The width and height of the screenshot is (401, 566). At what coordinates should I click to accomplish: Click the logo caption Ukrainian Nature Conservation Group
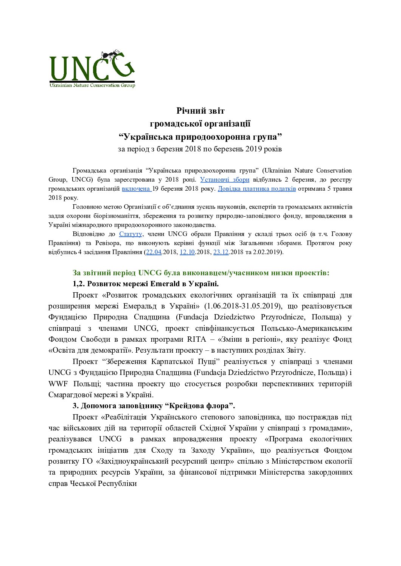tap(92, 85)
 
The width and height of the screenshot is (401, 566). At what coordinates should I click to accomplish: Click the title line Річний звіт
tap(200, 111)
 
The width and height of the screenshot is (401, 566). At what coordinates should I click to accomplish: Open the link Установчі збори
tap(225, 179)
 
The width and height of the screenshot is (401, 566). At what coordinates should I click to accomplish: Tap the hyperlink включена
tap(136, 188)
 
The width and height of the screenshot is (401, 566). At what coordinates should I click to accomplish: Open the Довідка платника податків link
tap(256, 188)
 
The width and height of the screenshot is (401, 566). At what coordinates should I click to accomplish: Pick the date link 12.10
tap(187, 252)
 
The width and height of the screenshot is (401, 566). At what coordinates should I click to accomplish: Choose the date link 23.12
tap(221, 252)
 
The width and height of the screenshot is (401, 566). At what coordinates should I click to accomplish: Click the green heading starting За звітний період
tap(201, 273)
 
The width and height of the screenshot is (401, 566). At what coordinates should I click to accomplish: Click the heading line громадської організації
tap(200, 123)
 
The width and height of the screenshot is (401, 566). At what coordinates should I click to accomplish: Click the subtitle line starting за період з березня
tap(200, 149)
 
